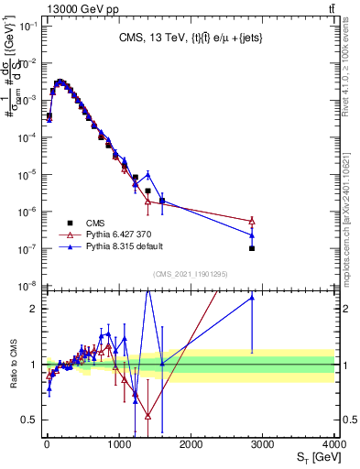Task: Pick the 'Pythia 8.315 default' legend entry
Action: point(119,246)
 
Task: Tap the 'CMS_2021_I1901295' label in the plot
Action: point(190,274)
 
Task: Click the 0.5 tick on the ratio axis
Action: point(31,420)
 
